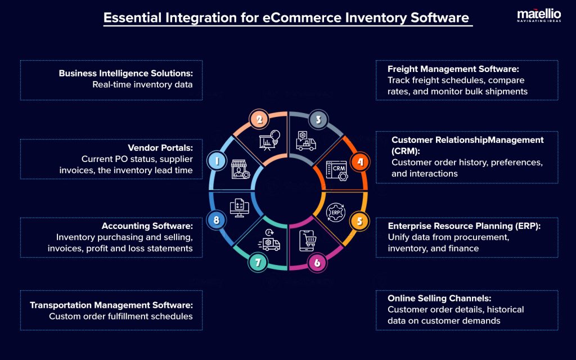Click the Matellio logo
(x=539, y=16)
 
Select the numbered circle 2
(x=259, y=119)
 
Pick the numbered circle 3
(x=318, y=119)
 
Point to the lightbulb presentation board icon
(x=268, y=141)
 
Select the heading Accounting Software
(x=147, y=226)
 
